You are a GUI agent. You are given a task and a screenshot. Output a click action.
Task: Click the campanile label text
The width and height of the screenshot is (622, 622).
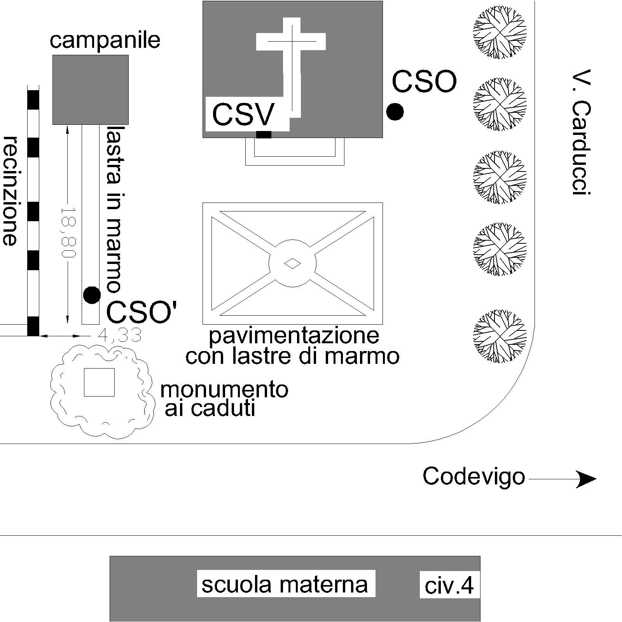coord(105,40)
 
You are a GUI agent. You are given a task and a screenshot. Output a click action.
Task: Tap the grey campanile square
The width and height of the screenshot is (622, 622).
coord(91,90)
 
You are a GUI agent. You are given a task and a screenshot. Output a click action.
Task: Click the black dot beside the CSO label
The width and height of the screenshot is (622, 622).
coord(395,112)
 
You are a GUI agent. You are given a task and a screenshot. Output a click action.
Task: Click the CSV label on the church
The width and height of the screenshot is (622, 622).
coord(244,114)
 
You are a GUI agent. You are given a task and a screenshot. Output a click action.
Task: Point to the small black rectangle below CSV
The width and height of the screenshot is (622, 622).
coord(264,135)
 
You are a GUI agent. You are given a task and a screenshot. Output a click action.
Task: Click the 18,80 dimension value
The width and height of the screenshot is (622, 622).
coord(68,233)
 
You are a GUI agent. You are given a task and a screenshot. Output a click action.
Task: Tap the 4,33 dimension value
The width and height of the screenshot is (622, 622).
coord(119,335)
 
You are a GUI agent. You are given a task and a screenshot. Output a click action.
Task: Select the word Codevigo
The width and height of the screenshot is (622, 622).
coord(474,477)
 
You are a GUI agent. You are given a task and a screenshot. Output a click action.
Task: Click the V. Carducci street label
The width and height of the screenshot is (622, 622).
coord(582,133)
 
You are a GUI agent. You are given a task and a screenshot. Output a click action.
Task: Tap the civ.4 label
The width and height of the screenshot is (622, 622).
coord(449,586)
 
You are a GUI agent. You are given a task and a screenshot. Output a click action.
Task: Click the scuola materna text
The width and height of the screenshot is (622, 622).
coord(285,584)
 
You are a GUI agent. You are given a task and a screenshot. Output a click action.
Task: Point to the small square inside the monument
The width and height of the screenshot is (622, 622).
coord(100,382)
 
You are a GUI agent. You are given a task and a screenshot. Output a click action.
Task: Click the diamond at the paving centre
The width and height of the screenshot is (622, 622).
coord(293,264)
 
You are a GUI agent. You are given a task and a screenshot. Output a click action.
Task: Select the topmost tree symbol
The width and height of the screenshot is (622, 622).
coord(500,32)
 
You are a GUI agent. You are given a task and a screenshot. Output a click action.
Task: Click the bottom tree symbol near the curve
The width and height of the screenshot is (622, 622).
coord(500,336)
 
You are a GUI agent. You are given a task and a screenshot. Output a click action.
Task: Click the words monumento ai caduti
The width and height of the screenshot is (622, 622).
coord(224,399)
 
